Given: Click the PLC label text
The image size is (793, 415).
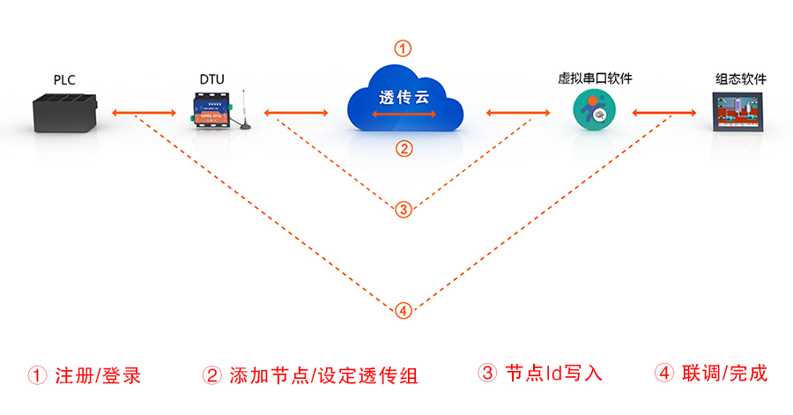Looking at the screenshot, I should coord(64,80).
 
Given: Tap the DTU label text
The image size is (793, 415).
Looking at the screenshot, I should coord(211,80).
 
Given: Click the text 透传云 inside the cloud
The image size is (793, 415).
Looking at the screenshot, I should coord(402,99).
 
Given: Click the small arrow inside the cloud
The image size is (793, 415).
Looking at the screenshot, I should coord(402,115).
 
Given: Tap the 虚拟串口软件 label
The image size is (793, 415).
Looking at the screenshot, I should coord(596,79).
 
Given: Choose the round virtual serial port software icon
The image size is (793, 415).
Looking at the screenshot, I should coord(591,113).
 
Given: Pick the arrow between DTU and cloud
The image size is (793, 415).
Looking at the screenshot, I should coord(296,113).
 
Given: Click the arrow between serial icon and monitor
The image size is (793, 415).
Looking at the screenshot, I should coord(661,113).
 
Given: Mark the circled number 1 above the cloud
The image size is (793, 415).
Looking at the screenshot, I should coord(402,48).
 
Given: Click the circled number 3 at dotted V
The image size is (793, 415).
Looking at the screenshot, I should coord(403,209).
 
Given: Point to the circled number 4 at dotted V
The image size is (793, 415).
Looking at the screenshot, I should coord(403,310).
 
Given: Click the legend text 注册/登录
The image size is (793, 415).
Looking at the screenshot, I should coord(97,375).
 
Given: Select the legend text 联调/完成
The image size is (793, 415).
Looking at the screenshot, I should coord(723,373).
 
